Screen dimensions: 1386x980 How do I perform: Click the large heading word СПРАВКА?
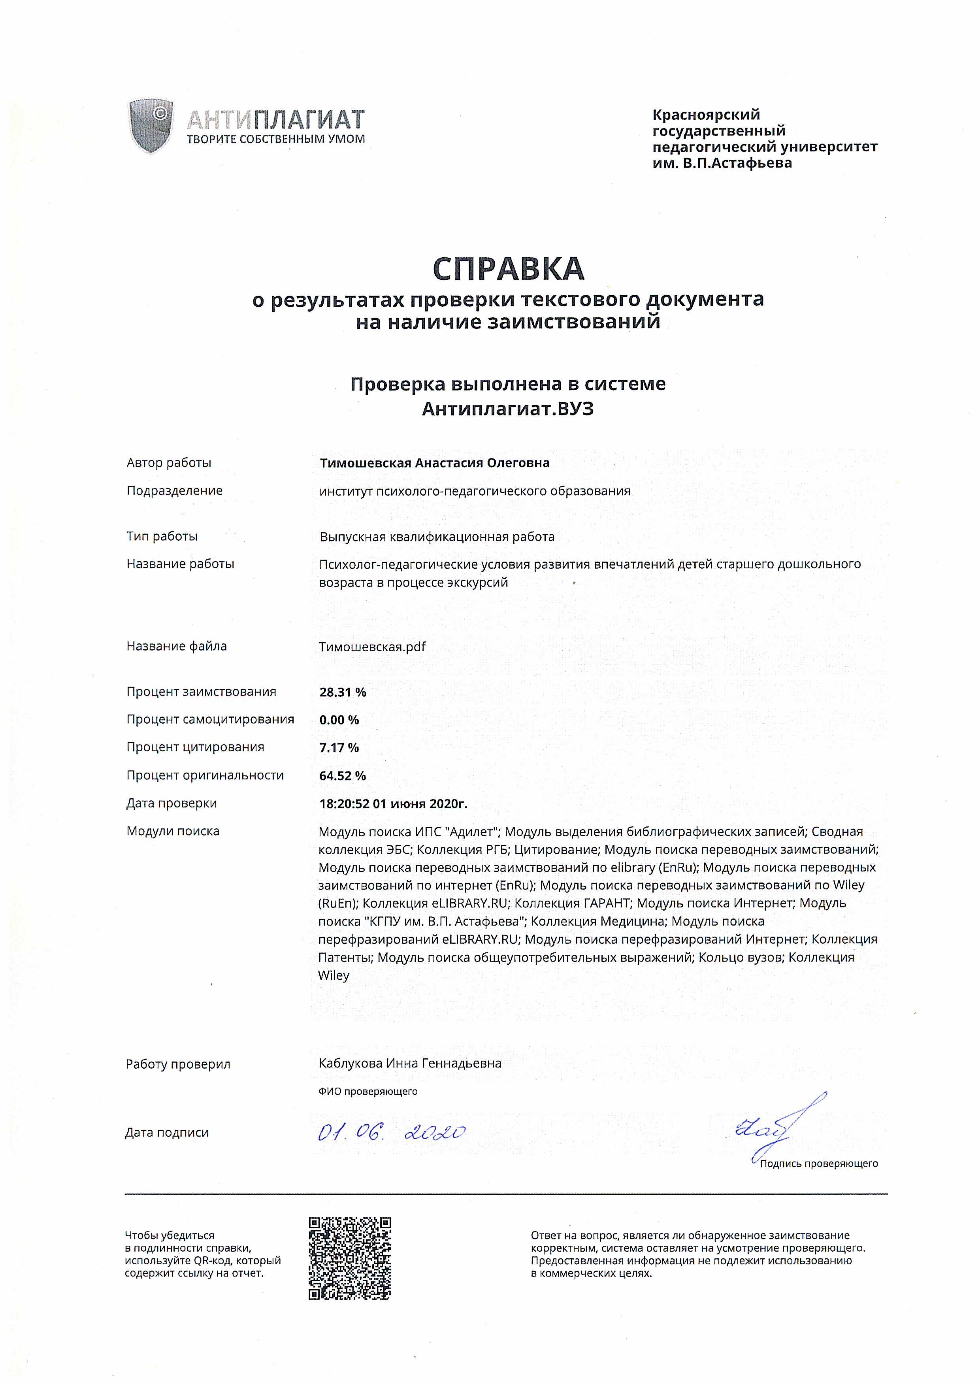tap(508, 269)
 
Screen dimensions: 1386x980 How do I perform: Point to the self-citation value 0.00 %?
tap(339, 720)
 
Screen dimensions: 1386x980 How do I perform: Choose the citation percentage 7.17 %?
tap(339, 747)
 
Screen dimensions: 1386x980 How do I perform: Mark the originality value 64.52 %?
tap(342, 776)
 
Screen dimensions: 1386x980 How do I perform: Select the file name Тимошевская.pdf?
tap(372, 647)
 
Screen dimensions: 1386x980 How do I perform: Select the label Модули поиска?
tap(173, 831)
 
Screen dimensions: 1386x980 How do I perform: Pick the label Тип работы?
tap(162, 536)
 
